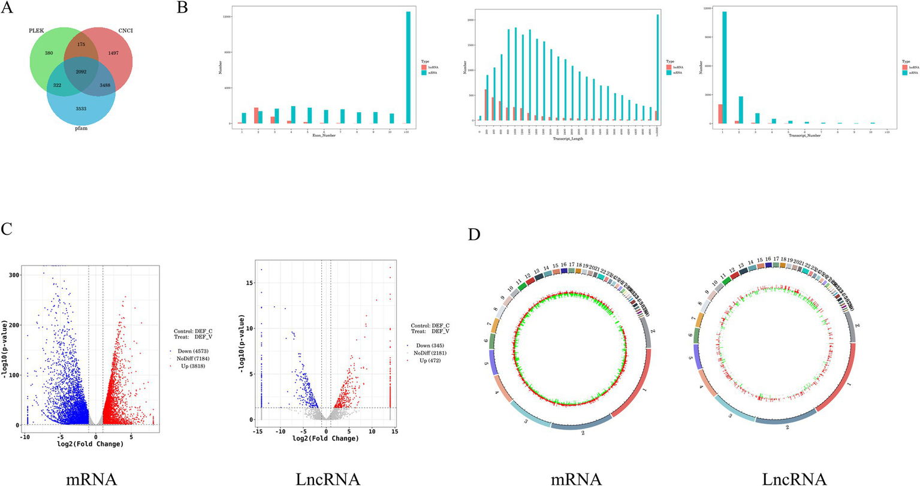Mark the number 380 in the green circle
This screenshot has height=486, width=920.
pos(49,53)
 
